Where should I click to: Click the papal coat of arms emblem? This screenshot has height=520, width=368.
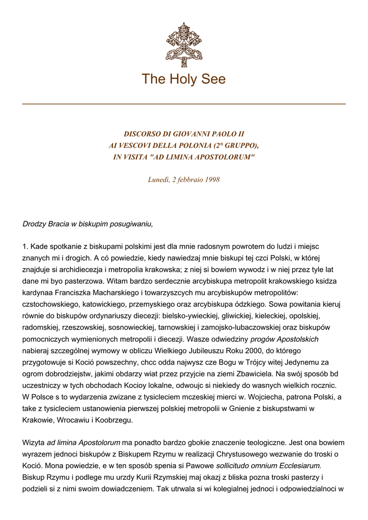click(x=184, y=44)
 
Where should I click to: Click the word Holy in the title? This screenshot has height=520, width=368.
click(x=183, y=79)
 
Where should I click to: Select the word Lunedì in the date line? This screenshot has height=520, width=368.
click(x=159, y=179)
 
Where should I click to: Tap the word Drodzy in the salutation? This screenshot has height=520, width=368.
click(x=35, y=223)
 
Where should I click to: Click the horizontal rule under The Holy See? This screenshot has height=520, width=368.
click(x=184, y=104)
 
